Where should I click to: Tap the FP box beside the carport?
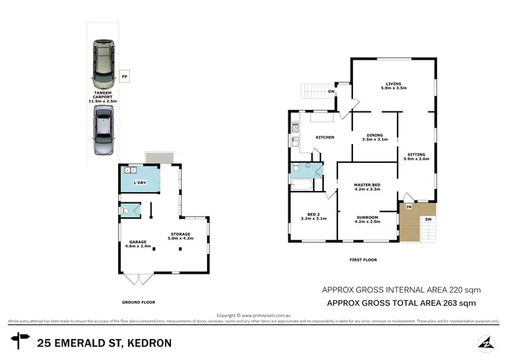click(124, 77)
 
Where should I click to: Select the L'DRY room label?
click(140, 183)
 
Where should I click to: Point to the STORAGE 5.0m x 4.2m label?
click(181, 236)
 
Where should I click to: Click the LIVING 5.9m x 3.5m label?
click(394, 86)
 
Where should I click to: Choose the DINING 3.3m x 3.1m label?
click(374, 137)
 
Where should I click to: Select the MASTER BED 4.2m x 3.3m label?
click(366, 187)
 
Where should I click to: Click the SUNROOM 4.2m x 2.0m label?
click(366, 219)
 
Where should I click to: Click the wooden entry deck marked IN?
click(410, 222)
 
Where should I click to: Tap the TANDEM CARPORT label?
click(103, 98)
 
